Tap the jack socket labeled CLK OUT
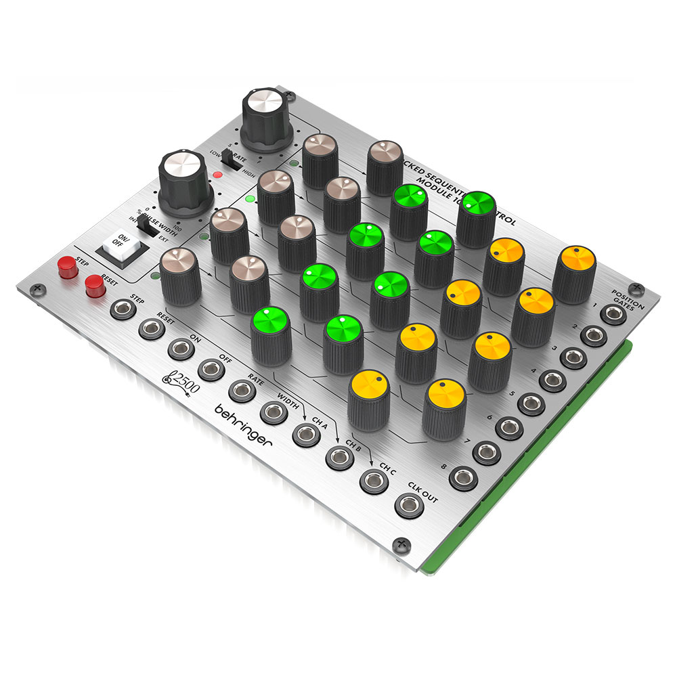[x=408, y=505]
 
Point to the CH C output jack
[x=372, y=481]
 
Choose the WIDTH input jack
[x=272, y=412]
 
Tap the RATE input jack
[x=241, y=391]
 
